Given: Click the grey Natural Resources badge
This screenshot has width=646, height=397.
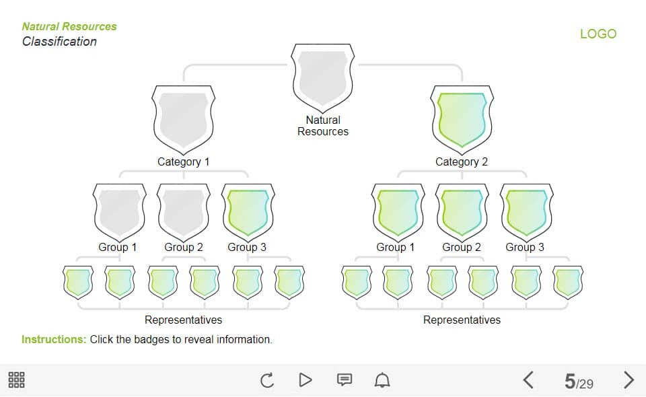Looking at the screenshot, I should (x=323, y=76).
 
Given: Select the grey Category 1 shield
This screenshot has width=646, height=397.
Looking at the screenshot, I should (x=184, y=118).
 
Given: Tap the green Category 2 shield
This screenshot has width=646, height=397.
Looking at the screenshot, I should (x=462, y=118).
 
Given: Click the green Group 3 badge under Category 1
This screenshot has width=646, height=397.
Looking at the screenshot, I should (x=248, y=211).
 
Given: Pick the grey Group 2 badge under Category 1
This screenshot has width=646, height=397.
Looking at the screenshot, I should (x=184, y=211).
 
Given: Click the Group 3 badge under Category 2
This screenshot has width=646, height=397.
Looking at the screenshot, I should (x=526, y=211).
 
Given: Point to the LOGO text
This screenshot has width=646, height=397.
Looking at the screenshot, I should (x=598, y=34).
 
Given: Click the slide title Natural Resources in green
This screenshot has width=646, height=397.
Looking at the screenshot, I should (x=69, y=26).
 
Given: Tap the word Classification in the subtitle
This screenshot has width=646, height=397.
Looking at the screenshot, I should (x=59, y=42).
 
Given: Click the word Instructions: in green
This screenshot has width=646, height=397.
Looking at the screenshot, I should (x=54, y=339).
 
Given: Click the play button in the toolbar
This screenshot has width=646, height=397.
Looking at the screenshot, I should (x=306, y=380).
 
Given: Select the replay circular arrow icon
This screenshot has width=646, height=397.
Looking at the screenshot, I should (x=267, y=380).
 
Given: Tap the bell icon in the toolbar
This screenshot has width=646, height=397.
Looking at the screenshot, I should (x=382, y=380).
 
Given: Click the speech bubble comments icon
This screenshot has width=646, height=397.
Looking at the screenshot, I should (x=344, y=380).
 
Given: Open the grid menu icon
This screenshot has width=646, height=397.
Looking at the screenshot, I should (x=16, y=380).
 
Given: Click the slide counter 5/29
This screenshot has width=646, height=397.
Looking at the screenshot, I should (x=579, y=382).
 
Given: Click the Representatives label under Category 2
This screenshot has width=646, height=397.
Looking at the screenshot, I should (x=462, y=320).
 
